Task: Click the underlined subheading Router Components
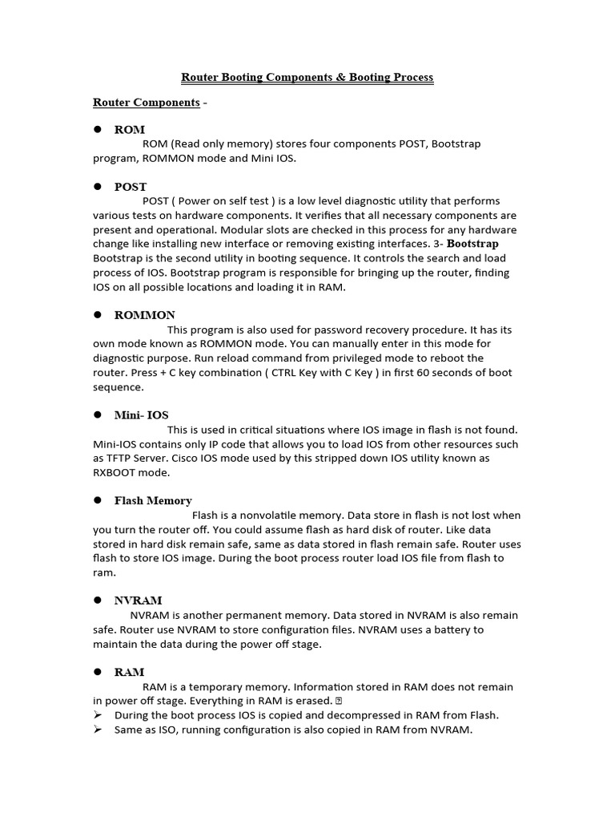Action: (x=146, y=103)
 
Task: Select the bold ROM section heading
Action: (x=130, y=129)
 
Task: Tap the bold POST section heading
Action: (x=131, y=187)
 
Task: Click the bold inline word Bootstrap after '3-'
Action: (x=472, y=244)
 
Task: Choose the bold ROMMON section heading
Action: (x=145, y=315)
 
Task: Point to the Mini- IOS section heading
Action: (x=142, y=415)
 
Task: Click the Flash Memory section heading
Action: (x=153, y=501)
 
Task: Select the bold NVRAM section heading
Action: (x=139, y=601)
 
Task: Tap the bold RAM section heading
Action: (x=130, y=673)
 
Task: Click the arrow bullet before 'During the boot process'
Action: (x=98, y=715)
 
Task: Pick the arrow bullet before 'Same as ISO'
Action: (x=98, y=730)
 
